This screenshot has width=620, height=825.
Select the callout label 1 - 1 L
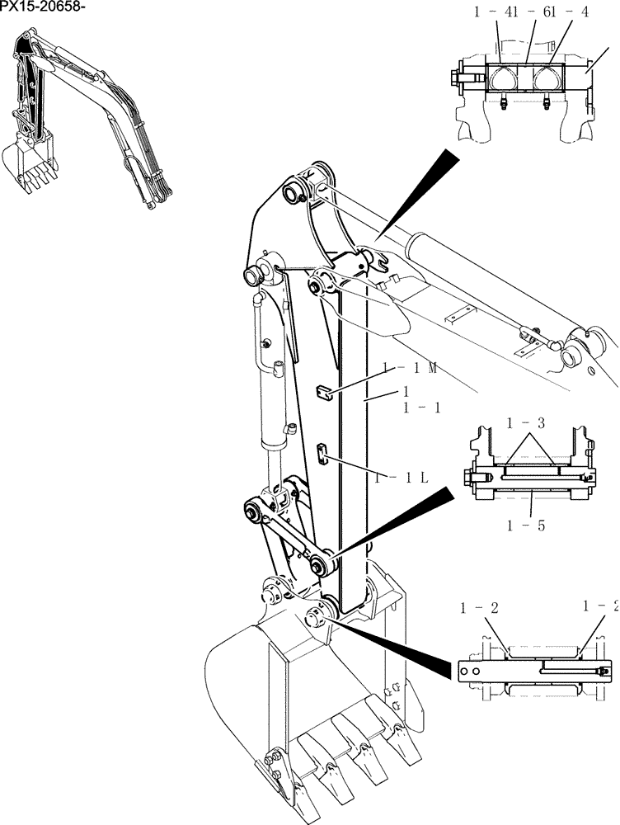(401, 478)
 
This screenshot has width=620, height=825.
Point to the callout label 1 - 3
(525, 424)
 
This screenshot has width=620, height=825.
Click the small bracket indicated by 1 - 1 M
(326, 391)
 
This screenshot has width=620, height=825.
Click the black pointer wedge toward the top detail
(420, 189)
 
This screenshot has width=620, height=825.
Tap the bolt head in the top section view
(457, 79)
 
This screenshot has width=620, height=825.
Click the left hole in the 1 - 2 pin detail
(466, 672)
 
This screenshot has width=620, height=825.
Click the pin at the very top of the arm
(294, 193)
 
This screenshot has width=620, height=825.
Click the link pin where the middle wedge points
(317, 564)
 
